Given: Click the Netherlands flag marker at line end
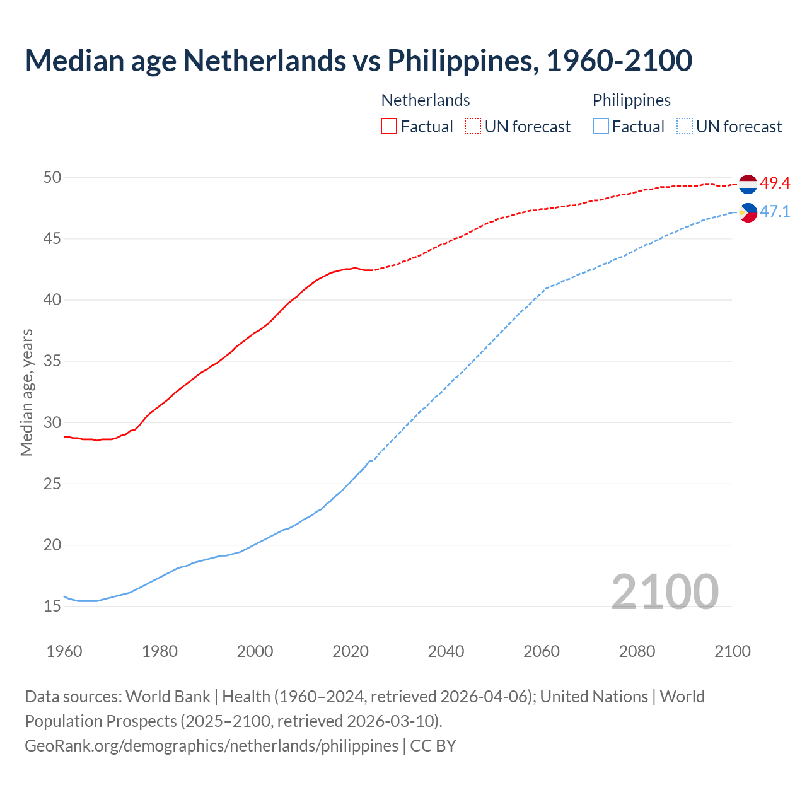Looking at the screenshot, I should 748,184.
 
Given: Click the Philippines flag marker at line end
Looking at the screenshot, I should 748,212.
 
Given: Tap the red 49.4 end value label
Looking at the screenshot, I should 775,183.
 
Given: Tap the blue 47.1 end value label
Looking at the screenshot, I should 775,211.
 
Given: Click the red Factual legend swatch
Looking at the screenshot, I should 389,126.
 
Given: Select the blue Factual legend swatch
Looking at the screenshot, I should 601,126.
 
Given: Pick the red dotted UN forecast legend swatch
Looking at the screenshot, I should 473,126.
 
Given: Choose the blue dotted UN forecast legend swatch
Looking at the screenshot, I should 685,126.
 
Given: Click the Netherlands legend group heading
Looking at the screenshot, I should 426,100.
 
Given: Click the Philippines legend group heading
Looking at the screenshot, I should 631,100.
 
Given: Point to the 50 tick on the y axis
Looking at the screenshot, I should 52,178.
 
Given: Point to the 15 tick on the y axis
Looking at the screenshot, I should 52,607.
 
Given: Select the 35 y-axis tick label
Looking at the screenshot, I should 52,362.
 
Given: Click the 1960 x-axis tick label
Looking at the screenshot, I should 64,651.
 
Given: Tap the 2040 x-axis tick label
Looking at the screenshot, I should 446,651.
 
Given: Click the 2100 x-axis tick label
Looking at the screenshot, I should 732,651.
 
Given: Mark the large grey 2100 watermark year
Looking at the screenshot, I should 665,591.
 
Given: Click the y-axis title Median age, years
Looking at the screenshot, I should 26,392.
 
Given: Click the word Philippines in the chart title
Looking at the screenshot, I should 463,61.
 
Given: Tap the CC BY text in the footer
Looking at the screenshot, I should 433,746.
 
